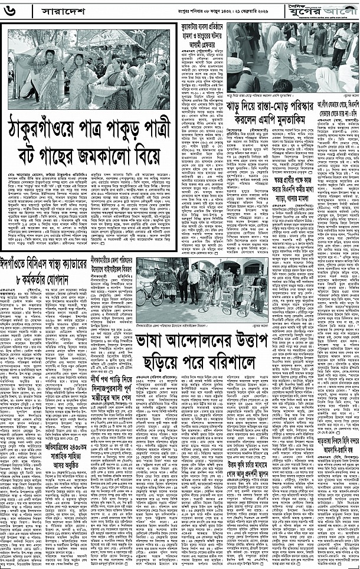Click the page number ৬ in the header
point(12,11)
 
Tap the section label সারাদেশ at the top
point(48,11)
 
